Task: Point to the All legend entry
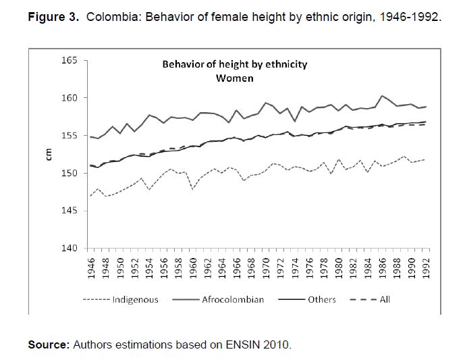point(384,299)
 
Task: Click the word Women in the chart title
point(234,78)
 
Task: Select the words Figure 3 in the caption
point(53,17)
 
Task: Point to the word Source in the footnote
point(47,345)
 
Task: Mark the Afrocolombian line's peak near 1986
point(383,96)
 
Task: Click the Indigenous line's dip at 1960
point(194,189)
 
